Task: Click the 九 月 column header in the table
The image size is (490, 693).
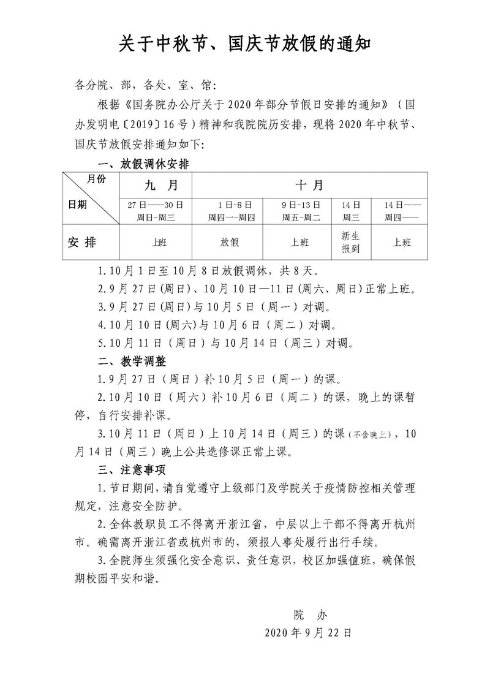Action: (x=156, y=184)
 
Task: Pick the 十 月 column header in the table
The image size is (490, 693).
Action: (x=309, y=184)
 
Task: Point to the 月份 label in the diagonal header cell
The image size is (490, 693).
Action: (x=97, y=180)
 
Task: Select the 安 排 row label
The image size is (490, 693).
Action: (x=81, y=242)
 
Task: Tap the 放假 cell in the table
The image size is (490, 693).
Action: (x=228, y=242)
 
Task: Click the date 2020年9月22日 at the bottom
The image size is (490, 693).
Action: (x=308, y=632)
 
